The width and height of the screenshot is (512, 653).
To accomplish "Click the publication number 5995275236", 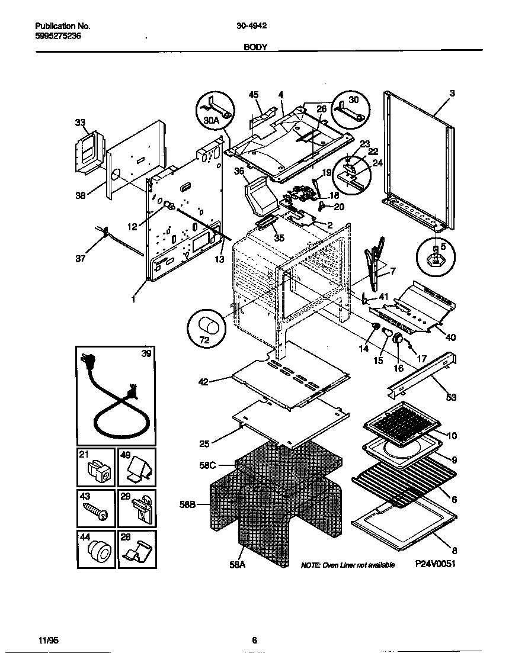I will point(58,36).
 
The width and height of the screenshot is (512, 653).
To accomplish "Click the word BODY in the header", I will point(255,47).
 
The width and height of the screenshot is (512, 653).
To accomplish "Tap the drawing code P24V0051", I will point(435,565).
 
